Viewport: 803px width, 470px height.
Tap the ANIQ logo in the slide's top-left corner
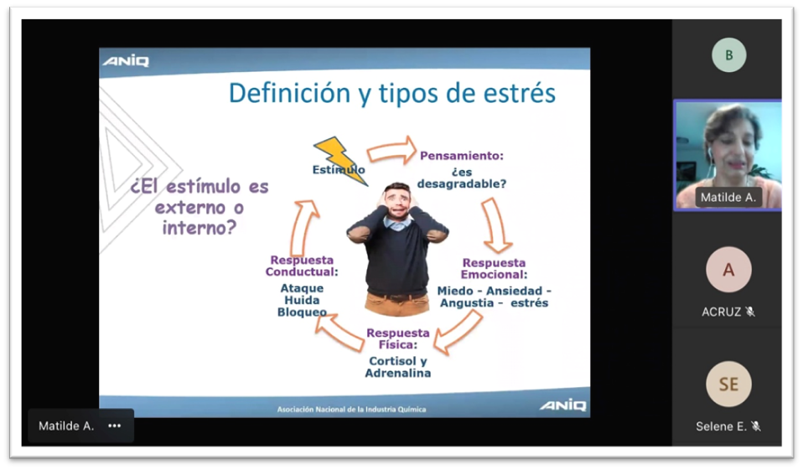(126, 61)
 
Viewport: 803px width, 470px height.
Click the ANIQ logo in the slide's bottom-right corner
(562, 405)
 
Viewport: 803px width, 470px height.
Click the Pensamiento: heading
(461, 156)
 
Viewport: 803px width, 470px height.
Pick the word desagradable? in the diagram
(461, 183)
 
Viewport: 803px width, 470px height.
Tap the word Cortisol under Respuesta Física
(393, 361)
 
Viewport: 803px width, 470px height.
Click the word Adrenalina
(398, 374)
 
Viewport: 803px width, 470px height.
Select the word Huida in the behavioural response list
(302, 300)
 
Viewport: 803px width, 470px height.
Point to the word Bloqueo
(302, 312)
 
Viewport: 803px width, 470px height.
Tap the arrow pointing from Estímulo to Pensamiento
(391, 151)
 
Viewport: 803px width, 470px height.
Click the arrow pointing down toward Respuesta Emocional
(495, 226)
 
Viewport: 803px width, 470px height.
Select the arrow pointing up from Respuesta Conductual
(303, 227)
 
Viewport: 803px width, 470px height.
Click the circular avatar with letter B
(728, 54)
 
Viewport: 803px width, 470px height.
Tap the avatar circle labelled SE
(728, 384)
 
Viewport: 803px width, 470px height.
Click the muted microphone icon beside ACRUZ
(750, 312)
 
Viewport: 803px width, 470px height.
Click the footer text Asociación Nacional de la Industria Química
(351, 409)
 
